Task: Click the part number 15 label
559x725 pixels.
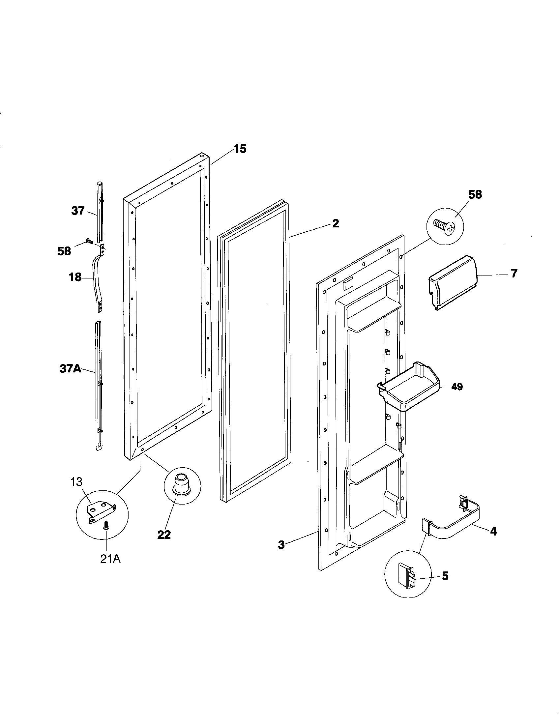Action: click(240, 149)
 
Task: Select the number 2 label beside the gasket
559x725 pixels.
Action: click(336, 223)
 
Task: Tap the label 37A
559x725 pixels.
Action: click(71, 369)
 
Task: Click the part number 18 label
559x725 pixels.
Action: click(75, 277)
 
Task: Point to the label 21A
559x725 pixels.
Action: click(110, 559)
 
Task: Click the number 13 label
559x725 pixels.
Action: click(76, 482)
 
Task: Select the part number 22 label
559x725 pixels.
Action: click(164, 535)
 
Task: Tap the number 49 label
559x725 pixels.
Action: click(456, 387)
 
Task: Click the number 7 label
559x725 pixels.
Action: click(514, 274)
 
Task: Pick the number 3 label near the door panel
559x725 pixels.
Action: click(281, 545)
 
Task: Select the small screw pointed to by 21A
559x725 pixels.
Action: click(106, 525)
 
